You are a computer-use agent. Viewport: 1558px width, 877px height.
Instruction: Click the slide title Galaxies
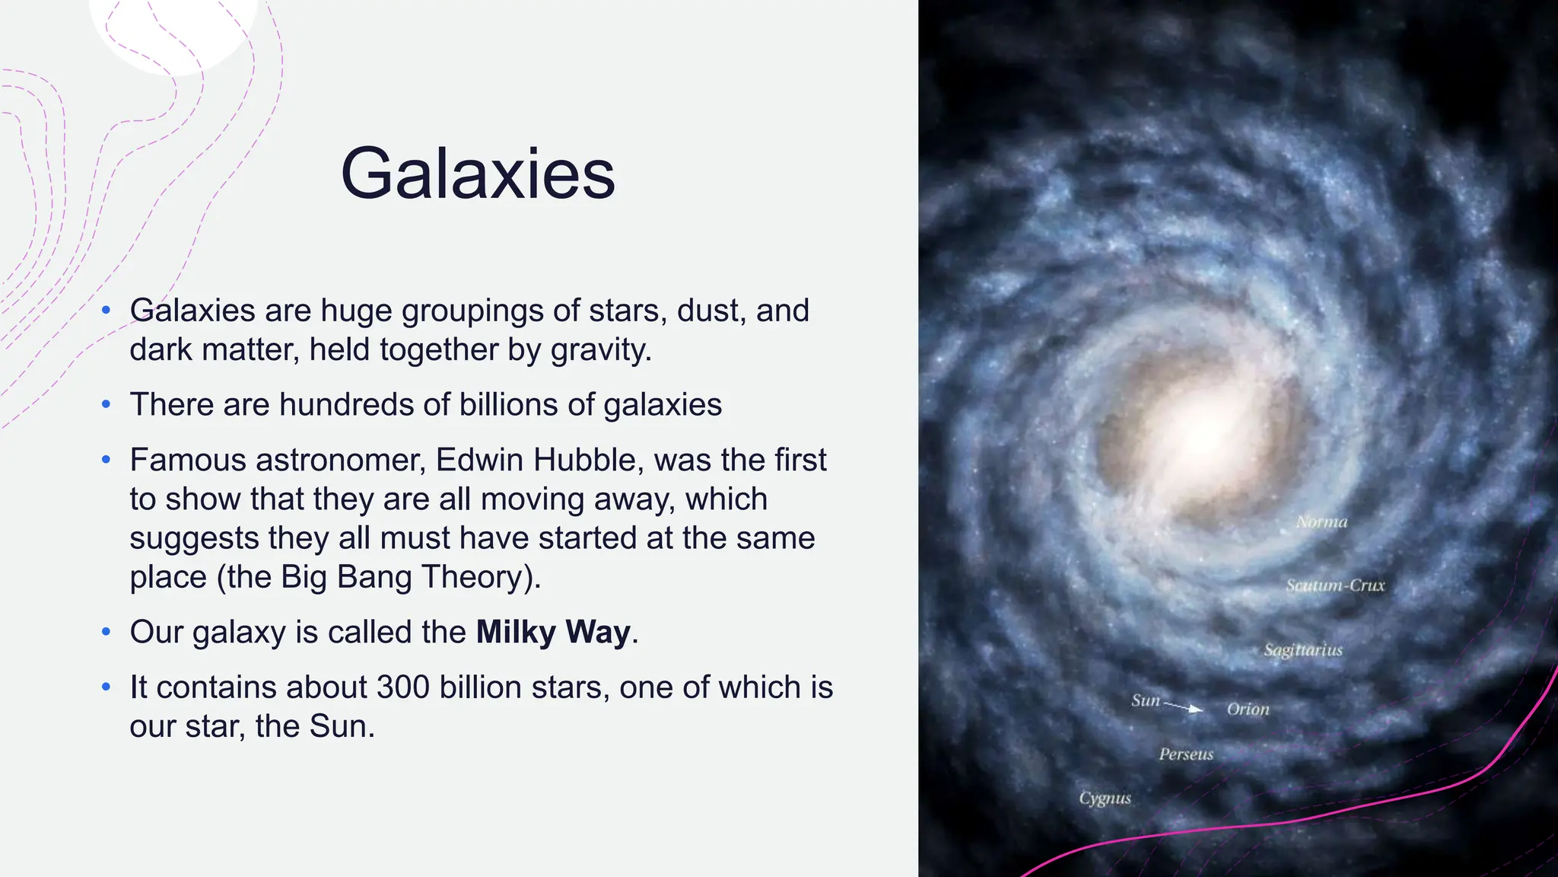click(478, 174)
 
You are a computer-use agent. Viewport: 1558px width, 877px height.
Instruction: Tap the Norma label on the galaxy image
click(1321, 522)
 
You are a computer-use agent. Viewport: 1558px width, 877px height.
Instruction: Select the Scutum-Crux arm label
click(1335, 585)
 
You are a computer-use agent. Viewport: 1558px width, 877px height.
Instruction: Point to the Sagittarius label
click(1303, 650)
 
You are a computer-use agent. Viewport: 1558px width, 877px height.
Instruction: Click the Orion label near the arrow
click(1248, 710)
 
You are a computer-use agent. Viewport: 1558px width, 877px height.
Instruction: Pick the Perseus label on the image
click(1186, 754)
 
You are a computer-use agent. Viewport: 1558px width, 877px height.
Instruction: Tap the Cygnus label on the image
click(1105, 798)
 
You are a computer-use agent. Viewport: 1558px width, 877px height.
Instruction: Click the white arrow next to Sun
click(1184, 707)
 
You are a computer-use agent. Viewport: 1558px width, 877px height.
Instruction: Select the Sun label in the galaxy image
click(1145, 700)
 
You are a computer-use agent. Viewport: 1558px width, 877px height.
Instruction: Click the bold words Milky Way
click(553, 633)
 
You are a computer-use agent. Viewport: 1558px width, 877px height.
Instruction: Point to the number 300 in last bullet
click(402, 687)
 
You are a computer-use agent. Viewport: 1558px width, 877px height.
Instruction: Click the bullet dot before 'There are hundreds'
click(107, 405)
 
